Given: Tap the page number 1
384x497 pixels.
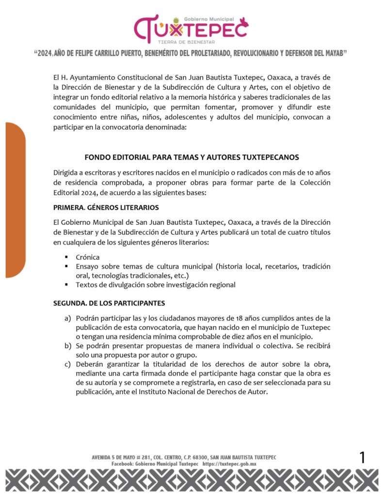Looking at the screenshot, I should pyautogui.click(x=362, y=457).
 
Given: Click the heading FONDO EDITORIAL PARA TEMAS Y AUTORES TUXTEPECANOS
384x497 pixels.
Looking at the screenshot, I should pyautogui.click(x=192, y=157).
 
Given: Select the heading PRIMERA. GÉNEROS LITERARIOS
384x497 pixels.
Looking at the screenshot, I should pyautogui.click(x=106, y=208).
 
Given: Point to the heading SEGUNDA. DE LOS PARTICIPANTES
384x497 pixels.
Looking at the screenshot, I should pyautogui.click(x=109, y=303).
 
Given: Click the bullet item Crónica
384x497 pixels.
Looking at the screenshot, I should pyautogui.click(x=88, y=257).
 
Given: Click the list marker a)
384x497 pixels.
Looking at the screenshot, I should pyautogui.click(x=67, y=318).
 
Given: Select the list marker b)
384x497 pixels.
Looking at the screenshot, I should pyautogui.click(x=67, y=346).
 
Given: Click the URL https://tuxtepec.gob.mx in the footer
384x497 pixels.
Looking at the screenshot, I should pyautogui.click(x=229, y=464).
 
